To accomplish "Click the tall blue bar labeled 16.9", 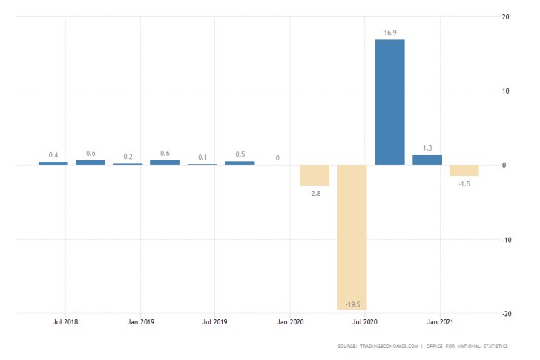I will [389, 102].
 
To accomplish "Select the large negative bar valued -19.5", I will [352, 237].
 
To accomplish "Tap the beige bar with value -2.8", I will [315, 175].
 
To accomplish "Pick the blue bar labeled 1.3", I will [427, 160].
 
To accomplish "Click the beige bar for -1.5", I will [464, 170].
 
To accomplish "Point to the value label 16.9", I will [390, 33].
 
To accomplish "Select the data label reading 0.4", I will [53, 155].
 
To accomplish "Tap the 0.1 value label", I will [202, 157].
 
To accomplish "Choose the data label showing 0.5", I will [240, 154].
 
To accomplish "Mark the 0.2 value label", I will [128, 157].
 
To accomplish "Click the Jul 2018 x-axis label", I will [65, 323].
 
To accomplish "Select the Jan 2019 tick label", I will [140, 323].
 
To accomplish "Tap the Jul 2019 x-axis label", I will [214, 323].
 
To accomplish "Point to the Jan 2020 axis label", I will [290, 323].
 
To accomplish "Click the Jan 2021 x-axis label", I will [440, 323].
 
